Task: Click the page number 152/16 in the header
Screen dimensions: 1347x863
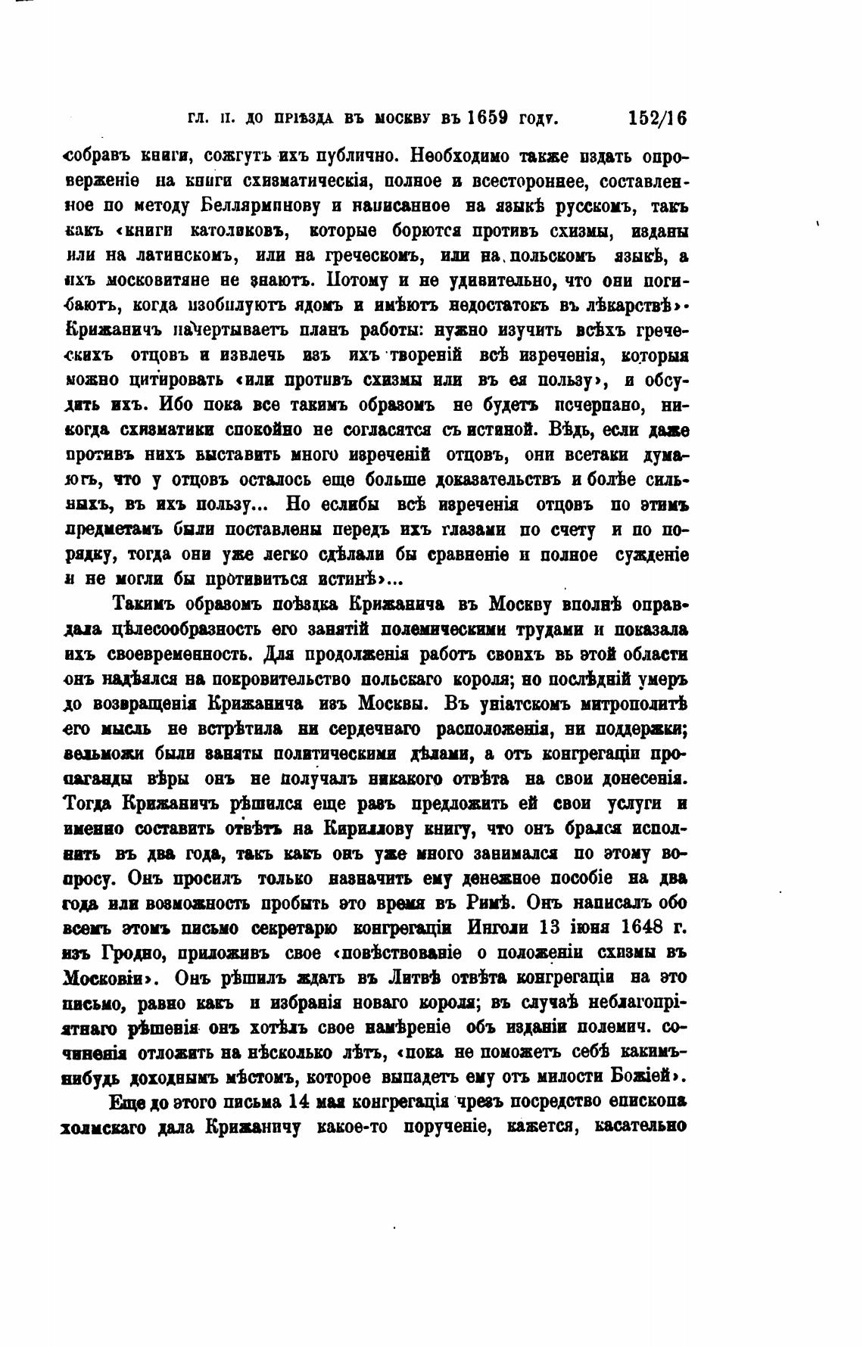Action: tap(656, 118)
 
